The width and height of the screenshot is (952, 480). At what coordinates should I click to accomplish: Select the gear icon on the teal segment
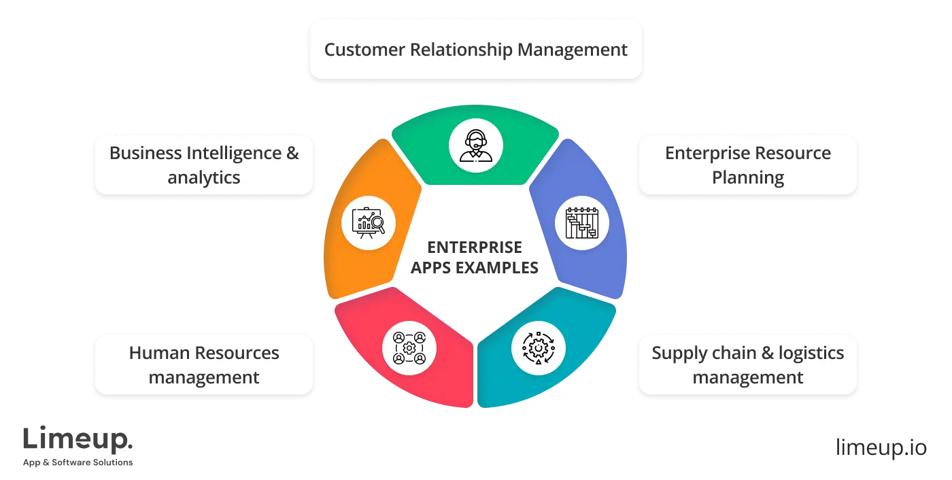point(538,348)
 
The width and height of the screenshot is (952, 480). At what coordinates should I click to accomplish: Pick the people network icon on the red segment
point(409,348)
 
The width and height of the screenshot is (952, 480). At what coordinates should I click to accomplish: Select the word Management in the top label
point(573,50)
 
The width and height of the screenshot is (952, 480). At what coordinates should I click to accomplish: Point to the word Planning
point(748,178)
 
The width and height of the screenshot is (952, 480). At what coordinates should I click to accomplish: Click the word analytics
point(204,178)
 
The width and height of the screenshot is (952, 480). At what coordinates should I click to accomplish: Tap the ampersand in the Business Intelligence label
point(292,154)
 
